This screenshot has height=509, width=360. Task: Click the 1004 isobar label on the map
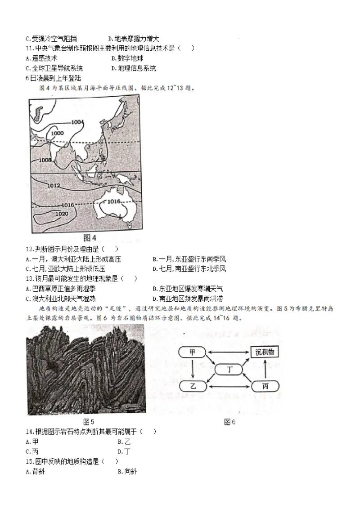pyautogui.click(x=78, y=122)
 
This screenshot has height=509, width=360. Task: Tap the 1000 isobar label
pyautogui.click(x=57, y=133)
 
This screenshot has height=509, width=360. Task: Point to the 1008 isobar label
pyautogui.click(x=45, y=160)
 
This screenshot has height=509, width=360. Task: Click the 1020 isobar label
pyautogui.click(x=61, y=214)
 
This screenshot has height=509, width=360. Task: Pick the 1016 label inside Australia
pyautogui.click(x=114, y=201)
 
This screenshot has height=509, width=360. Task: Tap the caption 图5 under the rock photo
pyautogui.click(x=89, y=421)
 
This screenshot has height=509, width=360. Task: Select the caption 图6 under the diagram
pyautogui.click(x=229, y=421)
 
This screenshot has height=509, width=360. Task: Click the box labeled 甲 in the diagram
pyautogui.click(x=192, y=353)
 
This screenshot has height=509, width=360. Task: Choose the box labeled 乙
pyautogui.click(x=193, y=385)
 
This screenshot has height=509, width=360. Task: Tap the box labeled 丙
pyautogui.click(x=264, y=385)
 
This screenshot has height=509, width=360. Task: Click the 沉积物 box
pyautogui.click(x=265, y=353)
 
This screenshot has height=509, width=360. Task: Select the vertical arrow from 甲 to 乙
pyautogui.click(x=193, y=369)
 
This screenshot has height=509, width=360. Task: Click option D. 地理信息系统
pyautogui.click(x=133, y=68)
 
